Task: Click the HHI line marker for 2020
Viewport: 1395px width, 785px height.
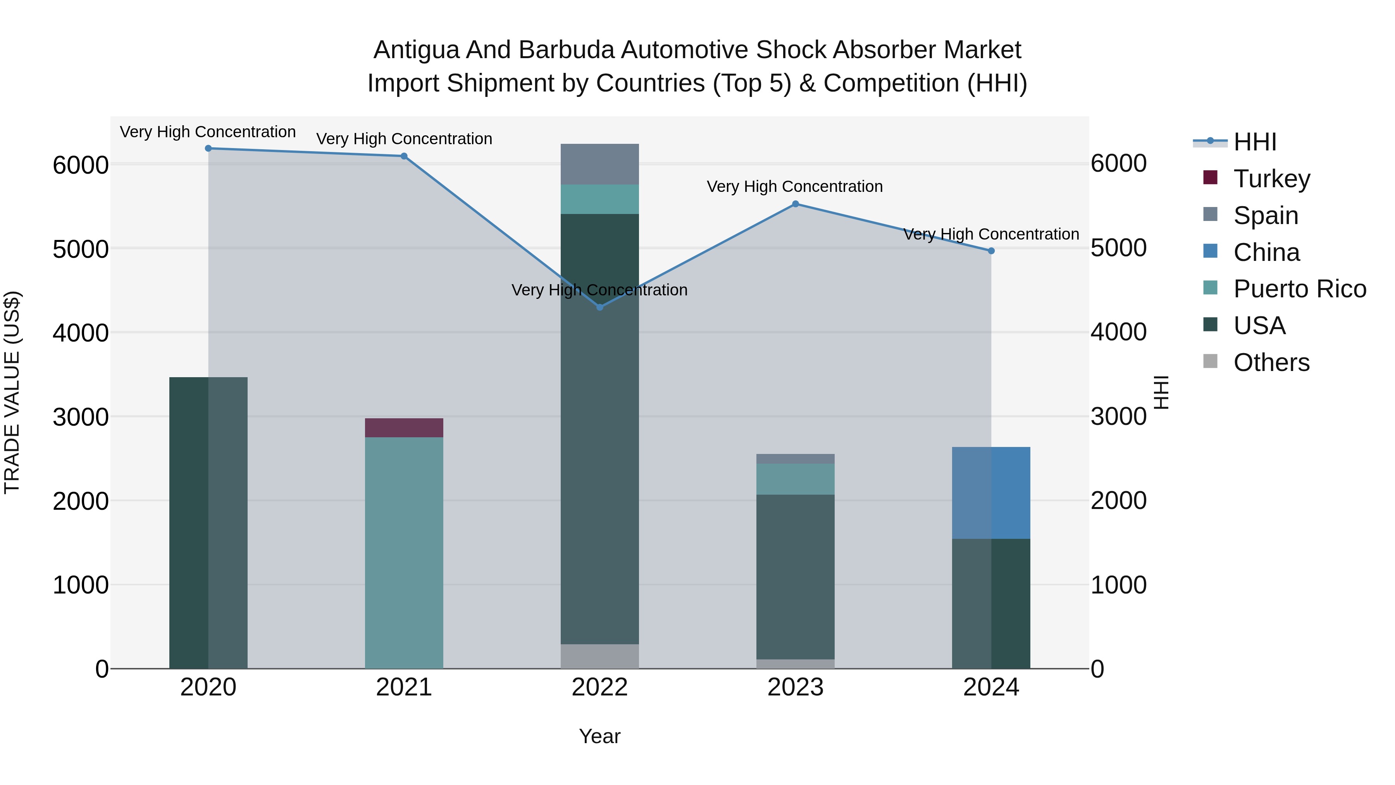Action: [x=208, y=148]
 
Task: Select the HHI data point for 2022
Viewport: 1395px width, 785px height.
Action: [x=599, y=307]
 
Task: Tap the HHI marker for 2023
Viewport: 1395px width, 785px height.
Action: [x=796, y=204]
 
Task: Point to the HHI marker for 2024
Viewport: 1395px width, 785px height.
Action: [x=991, y=251]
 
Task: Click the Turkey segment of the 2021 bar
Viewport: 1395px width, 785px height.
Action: [x=404, y=428]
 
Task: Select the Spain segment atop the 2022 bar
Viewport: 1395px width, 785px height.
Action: [x=599, y=164]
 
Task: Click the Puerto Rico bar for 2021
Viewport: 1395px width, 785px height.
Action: [x=404, y=552]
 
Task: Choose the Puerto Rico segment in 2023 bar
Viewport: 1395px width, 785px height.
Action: [x=796, y=479]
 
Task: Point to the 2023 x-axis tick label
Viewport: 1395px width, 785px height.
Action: [x=796, y=687]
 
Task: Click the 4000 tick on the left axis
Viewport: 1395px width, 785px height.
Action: [x=81, y=333]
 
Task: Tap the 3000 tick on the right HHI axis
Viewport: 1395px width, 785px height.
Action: [x=1118, y=417]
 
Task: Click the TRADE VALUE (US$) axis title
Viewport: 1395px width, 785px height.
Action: [x=12, y=392]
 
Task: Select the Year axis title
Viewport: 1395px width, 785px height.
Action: [x=599, y=736]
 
